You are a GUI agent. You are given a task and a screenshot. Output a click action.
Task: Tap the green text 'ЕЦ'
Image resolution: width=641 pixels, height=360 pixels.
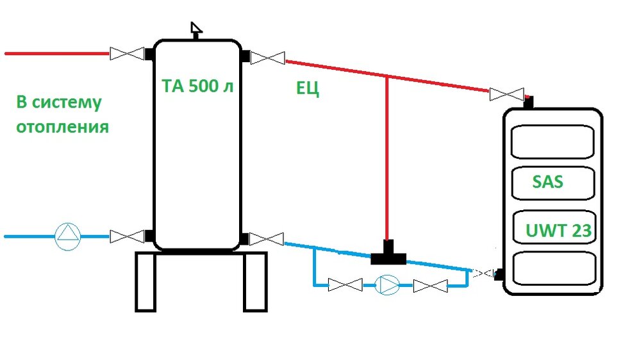pos(308,89)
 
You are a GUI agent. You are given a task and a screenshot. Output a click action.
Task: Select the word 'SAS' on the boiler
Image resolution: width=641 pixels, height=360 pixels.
pos(547,182)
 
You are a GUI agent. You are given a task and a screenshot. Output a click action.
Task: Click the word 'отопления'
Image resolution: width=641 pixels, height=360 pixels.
pos(62,126)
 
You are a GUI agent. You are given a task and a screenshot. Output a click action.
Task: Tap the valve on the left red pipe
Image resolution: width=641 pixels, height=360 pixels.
pos(126,54)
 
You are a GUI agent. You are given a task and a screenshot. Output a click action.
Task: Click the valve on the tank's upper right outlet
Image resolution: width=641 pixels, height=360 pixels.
pos(267,58)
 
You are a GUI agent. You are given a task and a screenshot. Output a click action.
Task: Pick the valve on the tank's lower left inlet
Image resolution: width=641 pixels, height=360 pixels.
pos(126,236)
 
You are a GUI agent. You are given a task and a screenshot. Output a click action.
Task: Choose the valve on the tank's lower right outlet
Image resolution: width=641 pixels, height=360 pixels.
pos(267,240)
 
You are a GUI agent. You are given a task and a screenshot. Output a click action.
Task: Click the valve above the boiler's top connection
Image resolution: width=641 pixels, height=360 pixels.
pos(506,94)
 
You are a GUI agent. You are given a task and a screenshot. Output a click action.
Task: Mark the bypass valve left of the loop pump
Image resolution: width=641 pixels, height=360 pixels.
pos(345,284)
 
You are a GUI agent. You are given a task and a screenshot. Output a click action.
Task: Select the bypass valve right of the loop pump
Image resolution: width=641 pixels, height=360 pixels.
pos(430,285)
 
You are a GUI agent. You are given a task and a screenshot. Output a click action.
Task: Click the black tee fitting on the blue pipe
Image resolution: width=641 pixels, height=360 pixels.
pos(388,254)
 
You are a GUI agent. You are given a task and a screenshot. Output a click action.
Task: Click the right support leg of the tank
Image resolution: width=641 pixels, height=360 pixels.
pos(254,282)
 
